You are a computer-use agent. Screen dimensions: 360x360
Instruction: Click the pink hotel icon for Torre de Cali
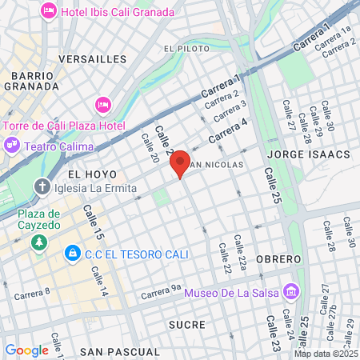(102, 106)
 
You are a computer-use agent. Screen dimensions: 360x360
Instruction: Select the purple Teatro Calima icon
(12, 146)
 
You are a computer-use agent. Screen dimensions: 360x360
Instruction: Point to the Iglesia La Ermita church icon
(42, 188)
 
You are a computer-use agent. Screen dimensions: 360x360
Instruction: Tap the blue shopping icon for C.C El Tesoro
(73, 254)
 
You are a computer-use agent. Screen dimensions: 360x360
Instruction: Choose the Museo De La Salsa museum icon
(291, 292)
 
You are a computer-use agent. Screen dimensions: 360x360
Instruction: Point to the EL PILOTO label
(186, 49)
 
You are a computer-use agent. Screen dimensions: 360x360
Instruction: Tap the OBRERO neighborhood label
(278, 259)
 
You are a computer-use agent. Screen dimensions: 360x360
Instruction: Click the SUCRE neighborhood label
(187, 325)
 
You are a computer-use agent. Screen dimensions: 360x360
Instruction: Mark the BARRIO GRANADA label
(33, 81)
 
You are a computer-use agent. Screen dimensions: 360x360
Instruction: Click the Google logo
(26, 350)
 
